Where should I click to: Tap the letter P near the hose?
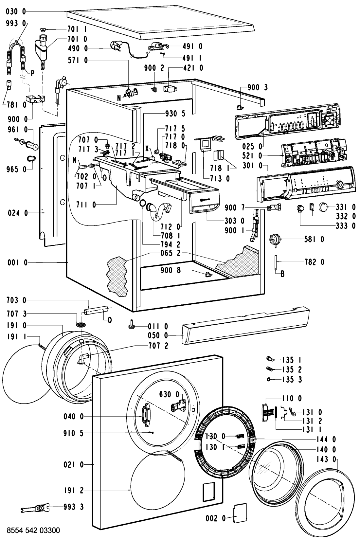pos(32,74)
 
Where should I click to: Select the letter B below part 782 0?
pos(282,274)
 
